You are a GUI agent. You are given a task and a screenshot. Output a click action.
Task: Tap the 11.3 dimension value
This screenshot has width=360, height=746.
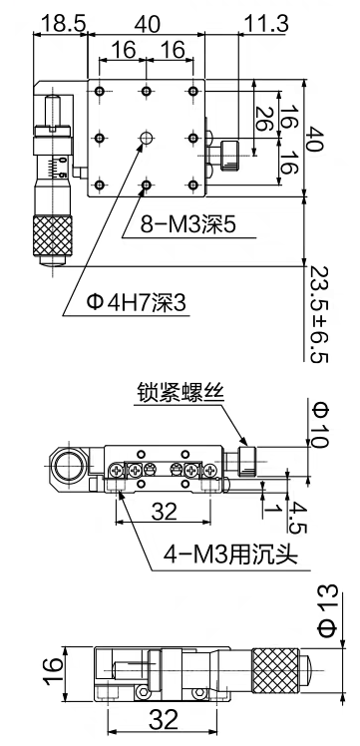point(266,23)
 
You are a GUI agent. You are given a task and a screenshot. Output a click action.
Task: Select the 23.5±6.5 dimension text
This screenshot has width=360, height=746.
point(319,314)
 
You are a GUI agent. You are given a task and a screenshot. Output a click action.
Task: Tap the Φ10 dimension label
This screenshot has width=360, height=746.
point(319,425)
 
